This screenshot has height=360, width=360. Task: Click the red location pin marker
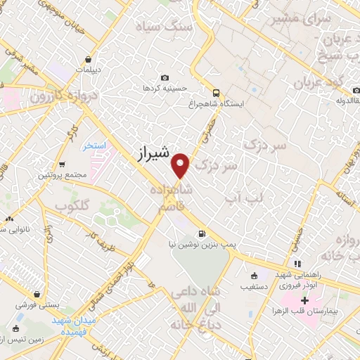pyautogui.click(x=181, y=165)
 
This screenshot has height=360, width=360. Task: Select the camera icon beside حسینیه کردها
pyautogui.click(x=165, y=77)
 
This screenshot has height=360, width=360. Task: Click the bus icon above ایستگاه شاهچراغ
pyautogui.click(x=216, y=91)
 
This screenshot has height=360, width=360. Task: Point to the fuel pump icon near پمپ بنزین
pyautogui.click(x=202, y=234)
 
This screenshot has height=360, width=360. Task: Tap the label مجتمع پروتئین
pyautogui.click(x=62, y=174)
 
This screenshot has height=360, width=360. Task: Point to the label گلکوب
pyautogui.click(x=71, y=205)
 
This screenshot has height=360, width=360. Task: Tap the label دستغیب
pyautogui.click(x=254, y=287)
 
